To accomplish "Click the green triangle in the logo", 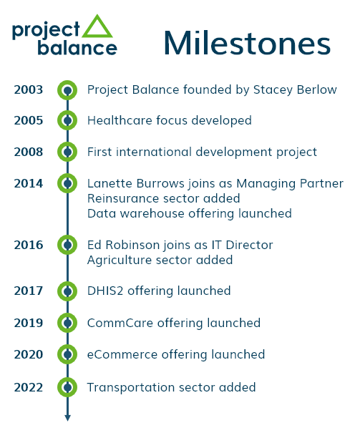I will click(x=97, y=26).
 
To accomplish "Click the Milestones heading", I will click(x=247, y=42).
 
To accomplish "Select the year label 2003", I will click(x=29, y=90).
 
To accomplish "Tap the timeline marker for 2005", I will click(x=67, y=121).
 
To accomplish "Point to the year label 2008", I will click(x=29, y=152).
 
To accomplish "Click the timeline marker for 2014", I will click(x=67, y=183).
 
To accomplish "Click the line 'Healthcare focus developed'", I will click(x=169, y=121).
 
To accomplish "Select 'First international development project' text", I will click(x=202, y=152).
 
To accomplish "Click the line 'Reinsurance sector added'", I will click(x=163, y=198).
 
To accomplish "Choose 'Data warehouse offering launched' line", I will click(x=189, y=213).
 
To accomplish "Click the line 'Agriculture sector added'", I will click(x=160, y=261).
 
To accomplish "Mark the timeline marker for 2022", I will click(x=67, y=387).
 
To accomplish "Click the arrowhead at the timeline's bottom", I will click(x=67, y=418).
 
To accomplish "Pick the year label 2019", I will click(x=29, y=323).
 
